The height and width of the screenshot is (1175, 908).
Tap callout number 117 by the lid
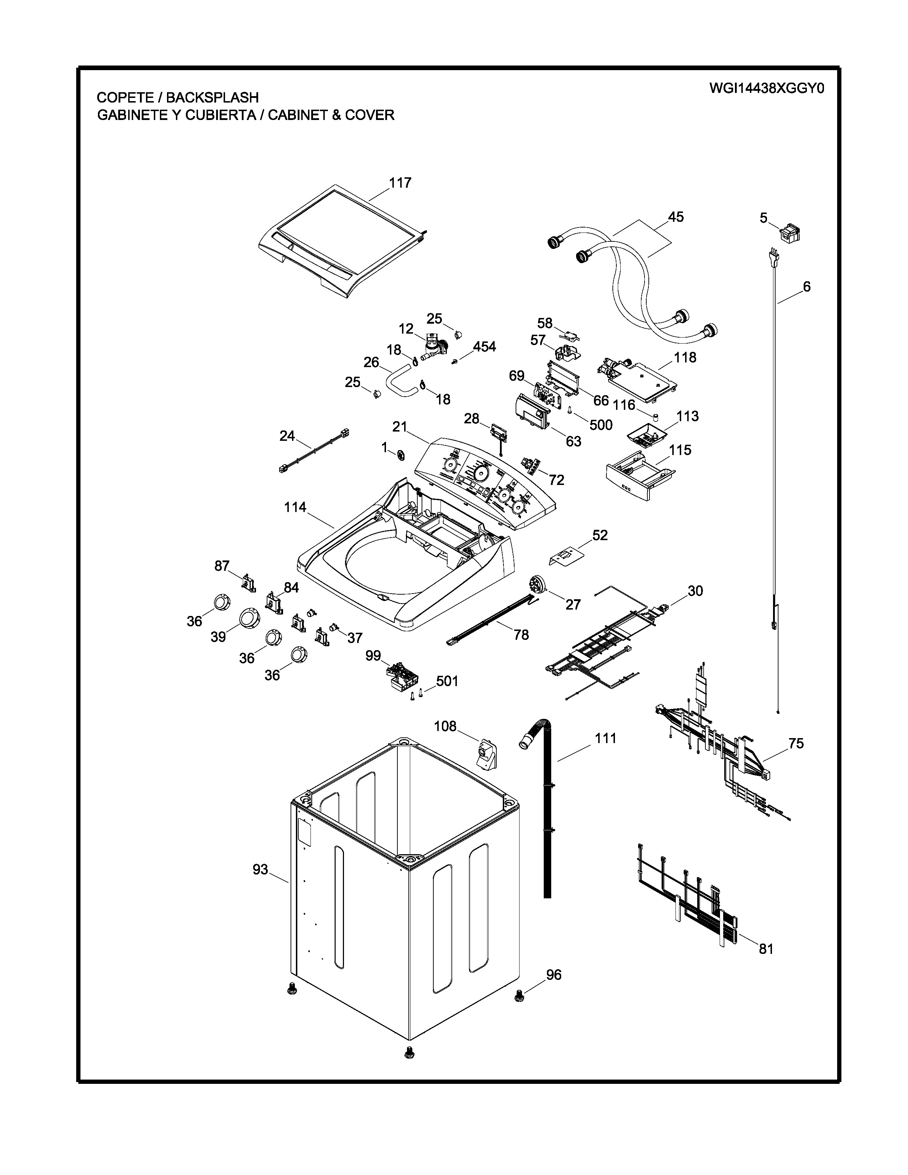pyautogui.click(x=400, y=183)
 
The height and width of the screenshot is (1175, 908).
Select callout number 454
pyautogui.click(x=484, y=347)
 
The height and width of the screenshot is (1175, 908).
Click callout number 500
pyautogui.click(x=601, y=425)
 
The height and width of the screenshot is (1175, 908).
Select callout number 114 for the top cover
pyautogui.click(x=295, y=507)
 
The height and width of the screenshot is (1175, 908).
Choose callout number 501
pyautogui.click(x=447, y=681)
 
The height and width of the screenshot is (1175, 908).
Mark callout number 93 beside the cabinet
pyautogui.click(x=260, y=869)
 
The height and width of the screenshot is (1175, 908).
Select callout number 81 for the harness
pyautogui.click(x=766, y=949)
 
